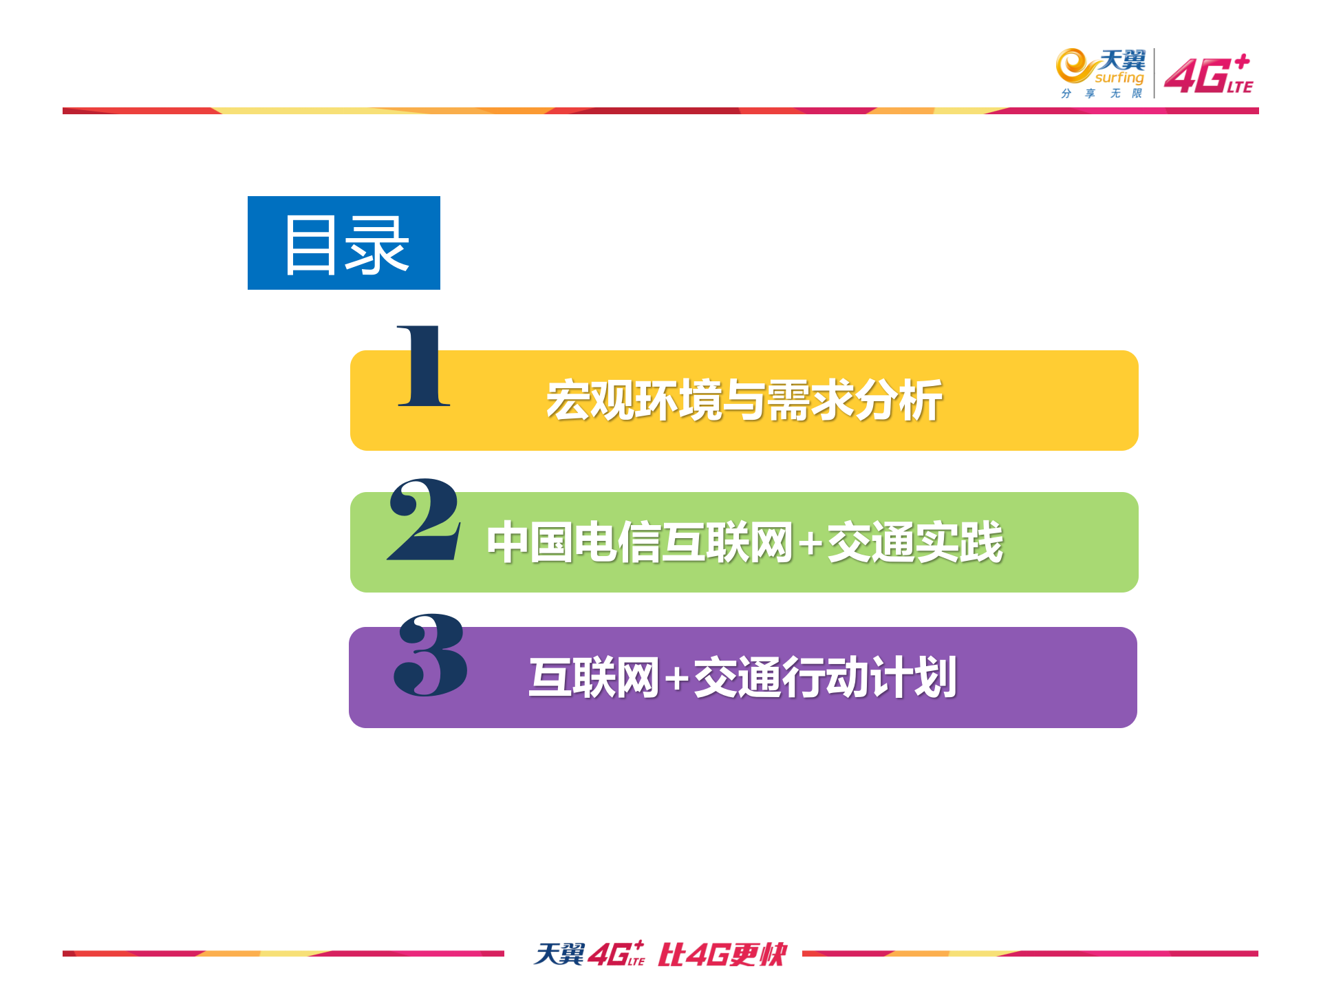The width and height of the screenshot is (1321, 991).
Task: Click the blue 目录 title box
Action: tap(343, 242)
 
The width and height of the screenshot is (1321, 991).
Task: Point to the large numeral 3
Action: tap(431, 654)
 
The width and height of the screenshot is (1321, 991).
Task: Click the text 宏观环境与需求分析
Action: tap(744, 401)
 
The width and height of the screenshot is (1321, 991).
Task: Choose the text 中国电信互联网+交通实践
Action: tap(744, 542)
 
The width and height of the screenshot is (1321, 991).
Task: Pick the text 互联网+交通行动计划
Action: tap(742, 678)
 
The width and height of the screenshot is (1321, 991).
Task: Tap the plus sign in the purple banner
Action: tap(677, 679)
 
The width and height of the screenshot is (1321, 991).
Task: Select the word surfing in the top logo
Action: tap(1119, 78)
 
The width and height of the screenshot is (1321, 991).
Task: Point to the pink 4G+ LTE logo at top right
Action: tap(1209, 74)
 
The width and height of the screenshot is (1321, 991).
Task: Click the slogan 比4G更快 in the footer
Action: tap(722, 955)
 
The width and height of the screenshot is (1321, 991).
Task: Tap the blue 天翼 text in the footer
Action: tap(559, 954)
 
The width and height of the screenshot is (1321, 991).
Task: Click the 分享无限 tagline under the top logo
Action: tap(1102, 94)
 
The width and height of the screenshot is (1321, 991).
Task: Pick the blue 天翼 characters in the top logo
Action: tap(1123, 60)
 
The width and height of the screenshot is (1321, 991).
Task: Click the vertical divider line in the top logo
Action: tap(1154, 73)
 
